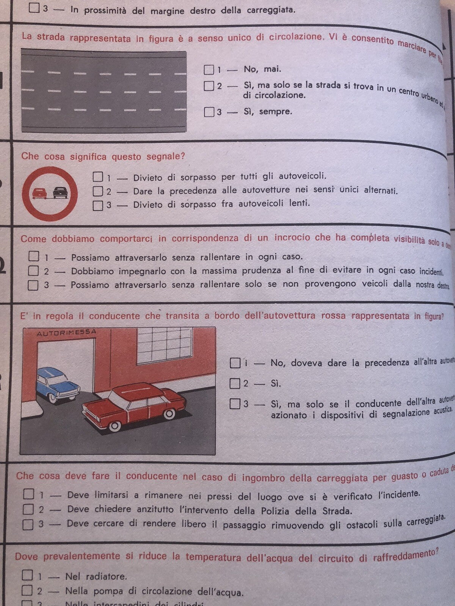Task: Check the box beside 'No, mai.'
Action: point(209,70)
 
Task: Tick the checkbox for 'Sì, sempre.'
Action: point(209,112)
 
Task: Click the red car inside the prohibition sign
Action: point(39,193)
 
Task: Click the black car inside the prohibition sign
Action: point(60,193)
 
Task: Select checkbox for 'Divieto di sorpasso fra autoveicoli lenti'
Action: point(98,205)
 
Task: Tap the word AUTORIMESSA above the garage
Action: point(66,333)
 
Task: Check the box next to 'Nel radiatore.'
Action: point(27,575)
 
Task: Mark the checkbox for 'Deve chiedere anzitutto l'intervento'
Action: point(28,509)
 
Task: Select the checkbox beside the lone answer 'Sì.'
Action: point(235,383)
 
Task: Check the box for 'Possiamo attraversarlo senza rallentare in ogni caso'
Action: point(34,257)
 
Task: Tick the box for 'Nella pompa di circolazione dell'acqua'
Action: point(27,590)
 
